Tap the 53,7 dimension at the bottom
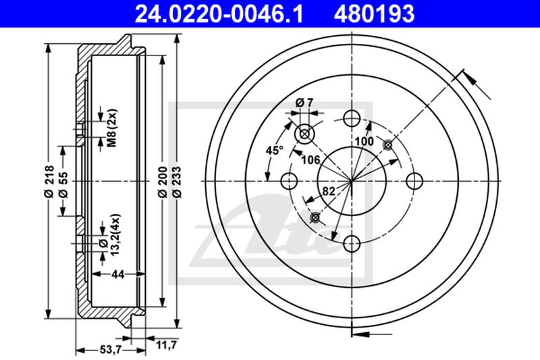click(x=110, y=350)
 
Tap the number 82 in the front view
click(x=328, y=192)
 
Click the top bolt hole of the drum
click(x=351, y=118)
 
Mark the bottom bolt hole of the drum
click(x=351, y=244)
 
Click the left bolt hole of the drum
click(x=288, y=181)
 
